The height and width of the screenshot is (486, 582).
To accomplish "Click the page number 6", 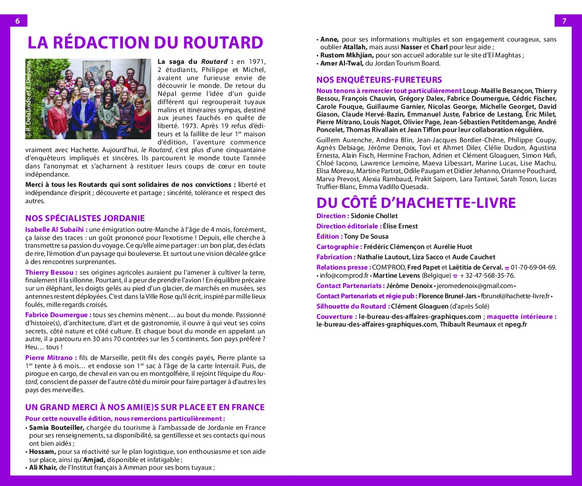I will [18, 21].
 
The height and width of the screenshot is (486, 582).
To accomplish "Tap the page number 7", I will [564, 21].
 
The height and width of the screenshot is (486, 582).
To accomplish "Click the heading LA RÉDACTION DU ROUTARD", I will [145, 42].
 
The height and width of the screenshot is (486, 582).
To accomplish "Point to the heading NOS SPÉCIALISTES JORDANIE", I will [85, 218].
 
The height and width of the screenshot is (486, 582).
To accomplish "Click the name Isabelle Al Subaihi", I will [56, 230].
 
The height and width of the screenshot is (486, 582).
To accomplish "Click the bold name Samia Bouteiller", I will [57, 428].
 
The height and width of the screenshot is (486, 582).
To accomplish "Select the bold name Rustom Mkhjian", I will [347, 55].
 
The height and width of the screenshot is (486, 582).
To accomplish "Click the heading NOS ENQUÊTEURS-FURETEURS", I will [379, 80].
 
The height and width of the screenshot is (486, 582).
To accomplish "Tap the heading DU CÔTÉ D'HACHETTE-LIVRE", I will [416, 203].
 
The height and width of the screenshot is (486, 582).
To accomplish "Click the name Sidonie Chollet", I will [374, 216].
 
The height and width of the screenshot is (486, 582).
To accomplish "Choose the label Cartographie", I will [339, 247].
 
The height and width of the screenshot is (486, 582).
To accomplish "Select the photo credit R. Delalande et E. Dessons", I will [29, 99].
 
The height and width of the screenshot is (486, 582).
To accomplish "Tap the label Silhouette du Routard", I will [353, 306].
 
